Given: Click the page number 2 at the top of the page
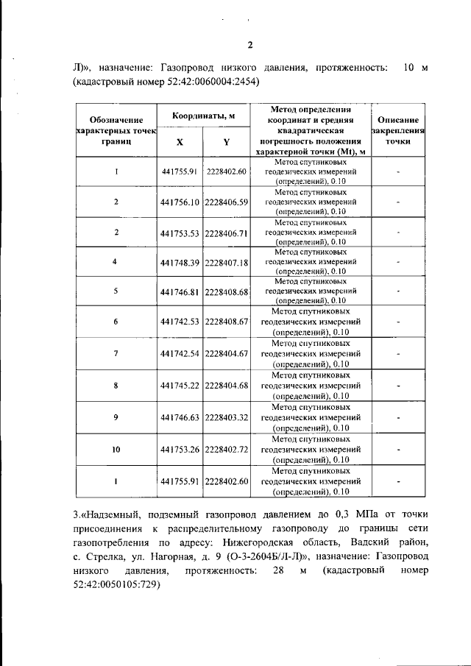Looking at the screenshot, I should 249,46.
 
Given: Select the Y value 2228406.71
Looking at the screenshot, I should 227,233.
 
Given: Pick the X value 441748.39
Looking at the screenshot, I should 180,263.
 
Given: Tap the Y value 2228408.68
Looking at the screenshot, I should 227,292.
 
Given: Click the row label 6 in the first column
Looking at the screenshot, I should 116,322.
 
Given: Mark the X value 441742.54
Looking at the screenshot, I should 180,354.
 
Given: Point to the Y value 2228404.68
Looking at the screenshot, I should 227,386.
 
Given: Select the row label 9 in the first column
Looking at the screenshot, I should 116,417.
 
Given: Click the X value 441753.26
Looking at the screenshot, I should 180,449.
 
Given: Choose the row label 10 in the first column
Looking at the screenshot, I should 116,449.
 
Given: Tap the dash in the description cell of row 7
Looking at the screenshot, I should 397,354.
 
